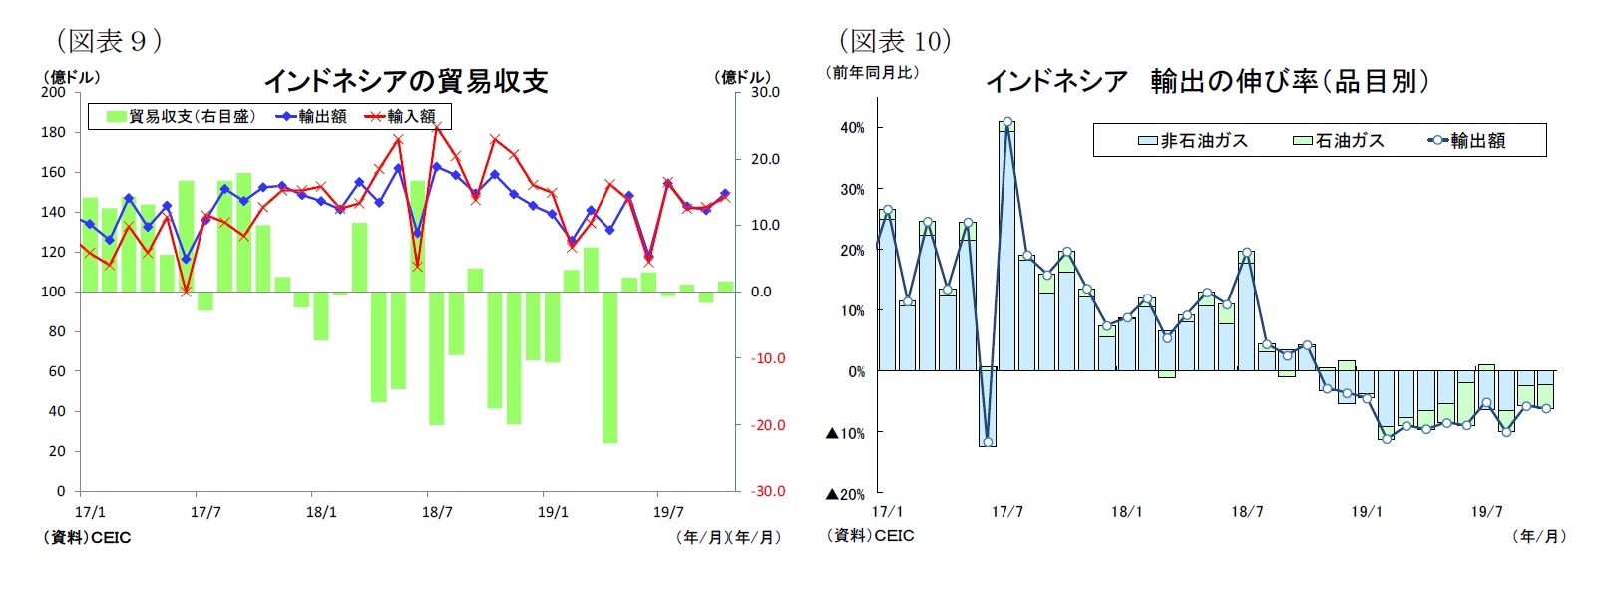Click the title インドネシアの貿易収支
coord(406,81)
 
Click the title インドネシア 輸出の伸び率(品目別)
coord(1207,81)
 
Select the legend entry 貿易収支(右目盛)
coord(182,117)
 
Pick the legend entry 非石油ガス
coord(1193,141)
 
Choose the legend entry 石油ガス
coord(1339,141)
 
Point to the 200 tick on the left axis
coord(53,92)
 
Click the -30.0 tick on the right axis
coord(768,491)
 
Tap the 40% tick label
coord(852,128)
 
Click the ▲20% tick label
coord(845,494)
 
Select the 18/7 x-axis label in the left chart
coord(437,512)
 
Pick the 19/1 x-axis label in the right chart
coord(1367,512)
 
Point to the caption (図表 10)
coord(895,41)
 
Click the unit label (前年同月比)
coord(875,72)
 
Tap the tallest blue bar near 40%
coord(1007,250)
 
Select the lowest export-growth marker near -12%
coord(988,442)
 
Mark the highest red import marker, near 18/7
coord(437,127)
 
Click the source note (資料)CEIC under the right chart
coord(871,536)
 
